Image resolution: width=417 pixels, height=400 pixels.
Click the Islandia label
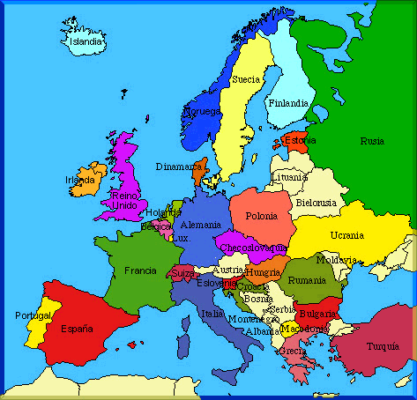pos(86,41)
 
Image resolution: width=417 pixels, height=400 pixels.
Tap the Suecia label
pos(246,79)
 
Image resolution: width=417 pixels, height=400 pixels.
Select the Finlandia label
pos(288,102)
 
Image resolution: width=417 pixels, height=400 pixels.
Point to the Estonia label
pos(298,139)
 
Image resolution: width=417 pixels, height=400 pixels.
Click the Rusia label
pos(372,141)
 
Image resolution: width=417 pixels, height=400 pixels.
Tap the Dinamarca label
pos(180,166)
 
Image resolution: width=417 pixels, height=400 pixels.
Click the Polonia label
pos(261,216)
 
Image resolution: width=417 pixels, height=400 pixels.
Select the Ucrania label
pos(346,235)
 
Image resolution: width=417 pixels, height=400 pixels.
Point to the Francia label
pos(140,270)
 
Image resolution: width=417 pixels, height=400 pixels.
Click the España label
pos(76,329)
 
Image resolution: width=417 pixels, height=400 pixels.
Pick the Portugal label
pos(33,315)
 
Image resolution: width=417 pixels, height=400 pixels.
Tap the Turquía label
pos(383,345)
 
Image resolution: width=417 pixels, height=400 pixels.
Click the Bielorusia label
pos(316,202)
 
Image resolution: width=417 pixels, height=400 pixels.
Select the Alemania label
pos(200,226)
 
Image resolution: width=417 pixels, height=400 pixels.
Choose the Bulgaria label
pos(316,313)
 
